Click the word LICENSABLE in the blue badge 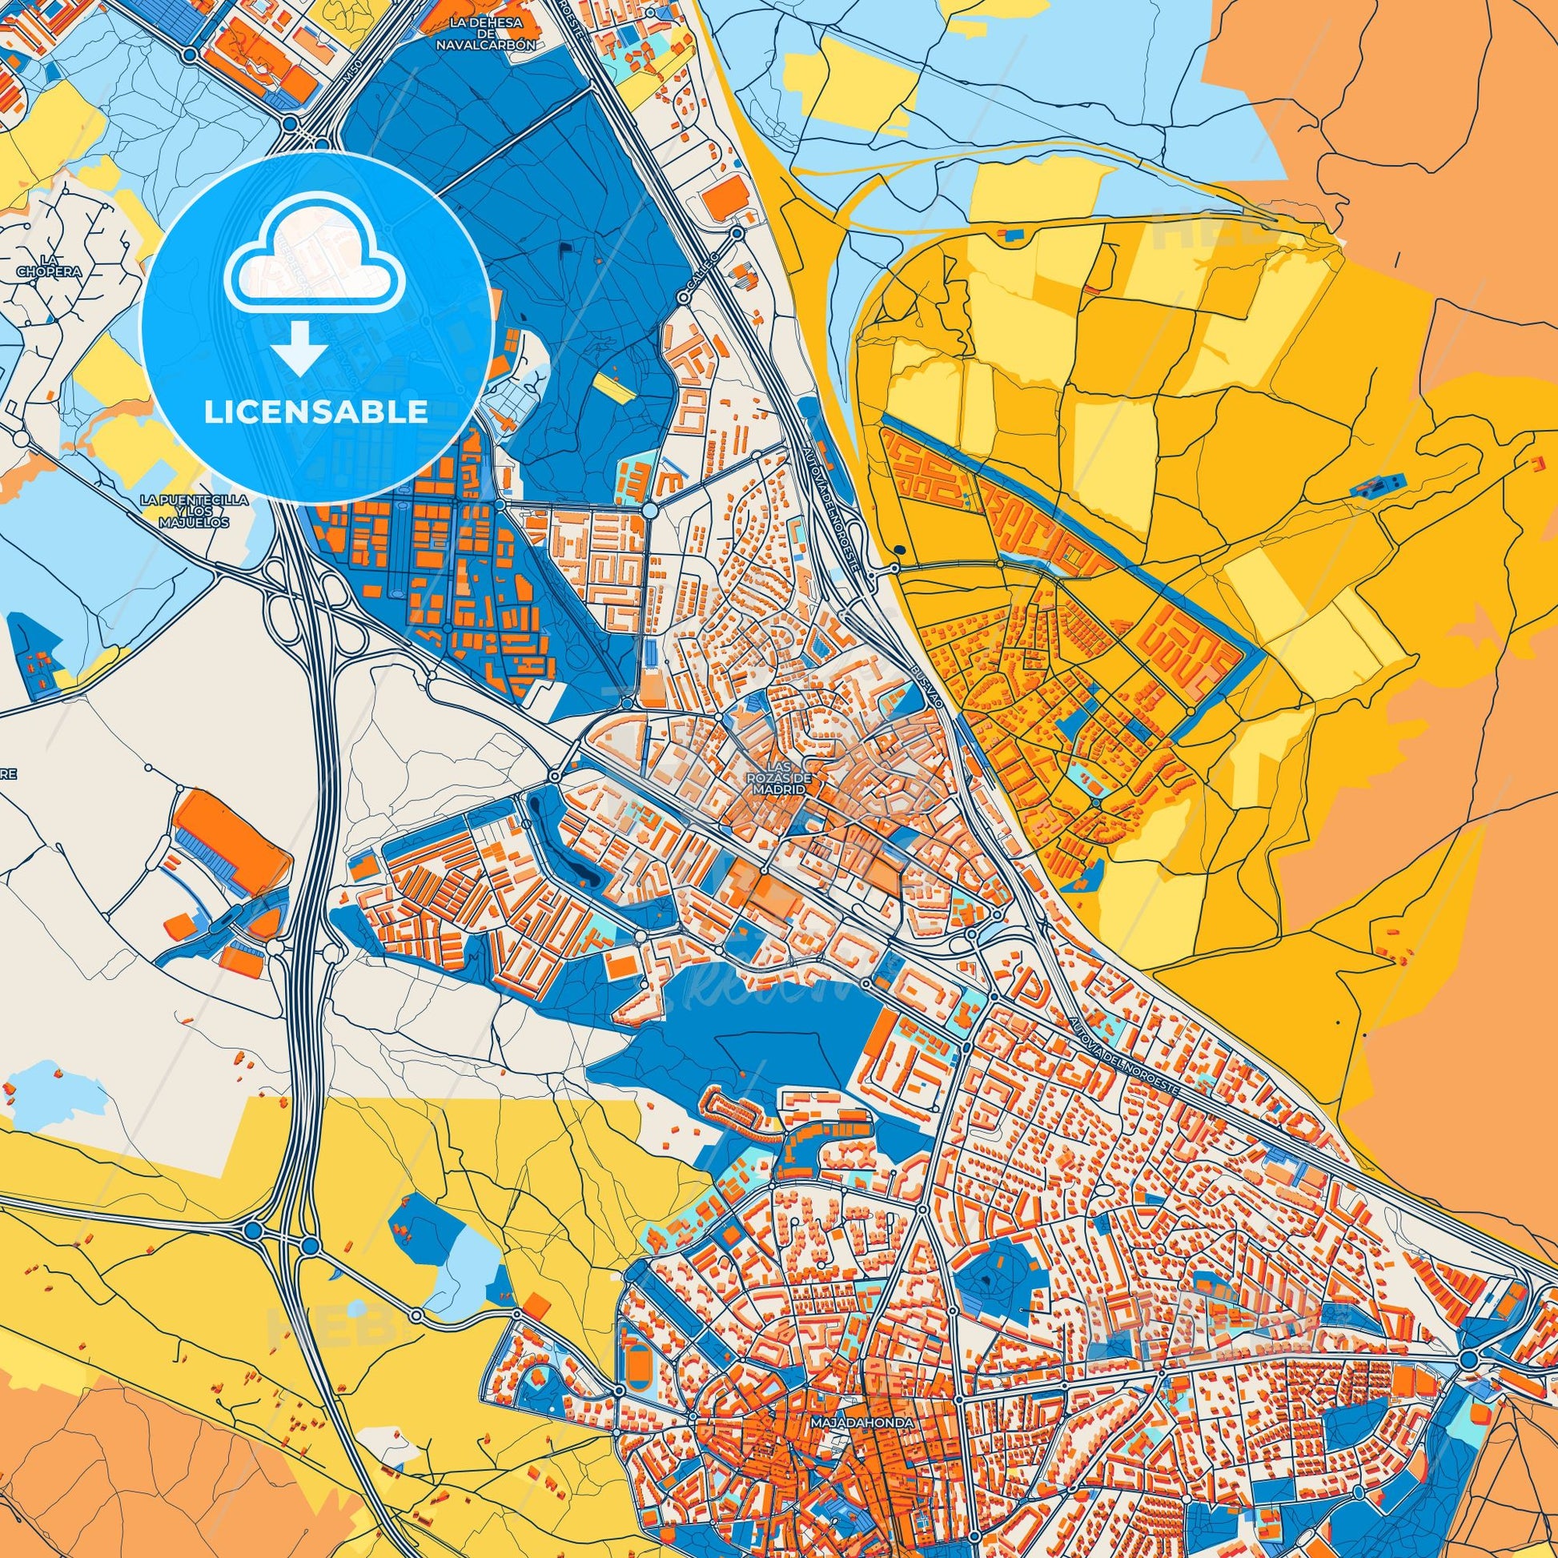tap(315, 412)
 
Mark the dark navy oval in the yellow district tap(899, 550)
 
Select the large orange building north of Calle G tap(725, 196)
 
